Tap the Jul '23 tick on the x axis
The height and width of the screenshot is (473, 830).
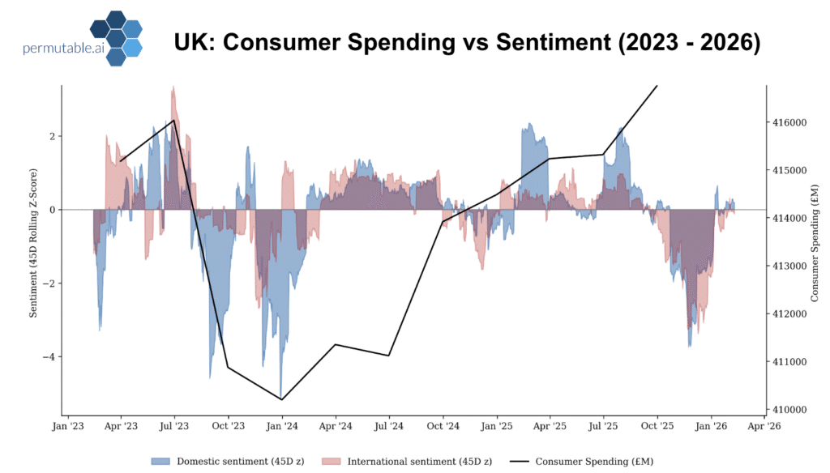coord(174,425)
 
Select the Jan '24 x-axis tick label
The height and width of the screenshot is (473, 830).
coord(281,425)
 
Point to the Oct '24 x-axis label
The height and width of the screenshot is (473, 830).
coord(443,425)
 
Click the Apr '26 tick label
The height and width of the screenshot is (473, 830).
coord(764,425)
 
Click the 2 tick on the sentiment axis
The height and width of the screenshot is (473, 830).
coord(52,136)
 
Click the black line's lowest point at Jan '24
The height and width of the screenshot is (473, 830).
coord(281,399)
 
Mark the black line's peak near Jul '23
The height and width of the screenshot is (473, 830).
coord(174,121)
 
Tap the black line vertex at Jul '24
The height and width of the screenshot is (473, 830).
coord(389,356)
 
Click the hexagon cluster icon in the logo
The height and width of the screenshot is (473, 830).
coord(115,37)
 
